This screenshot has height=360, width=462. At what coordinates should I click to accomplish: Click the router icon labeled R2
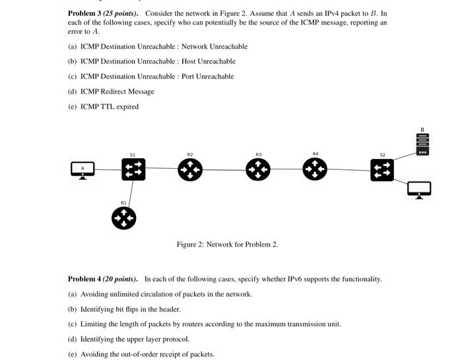coord(190,170)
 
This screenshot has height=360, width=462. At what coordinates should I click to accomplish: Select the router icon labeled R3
coord(258,170)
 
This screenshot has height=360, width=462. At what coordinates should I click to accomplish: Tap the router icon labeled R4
coord(315,169)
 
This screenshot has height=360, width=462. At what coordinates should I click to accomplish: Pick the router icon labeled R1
coord(123,218)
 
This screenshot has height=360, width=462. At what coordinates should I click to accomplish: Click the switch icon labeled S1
coord(133,169)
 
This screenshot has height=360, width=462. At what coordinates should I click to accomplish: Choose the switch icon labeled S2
coord(382,170)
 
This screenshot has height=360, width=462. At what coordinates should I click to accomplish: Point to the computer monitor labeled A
coord(83,169)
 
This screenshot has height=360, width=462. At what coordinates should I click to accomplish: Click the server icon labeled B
coord(422,144)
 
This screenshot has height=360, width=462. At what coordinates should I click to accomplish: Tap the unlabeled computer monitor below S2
coord(419,190)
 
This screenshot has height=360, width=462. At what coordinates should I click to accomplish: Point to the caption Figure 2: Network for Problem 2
coord(227,245)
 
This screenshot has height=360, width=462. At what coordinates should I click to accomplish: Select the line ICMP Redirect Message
coord(117,92)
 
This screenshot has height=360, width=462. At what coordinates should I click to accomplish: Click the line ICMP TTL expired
coord(110,106)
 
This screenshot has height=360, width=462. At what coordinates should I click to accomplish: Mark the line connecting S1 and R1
coord(130,193)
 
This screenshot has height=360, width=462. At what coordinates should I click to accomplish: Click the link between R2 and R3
coord(224,170)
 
